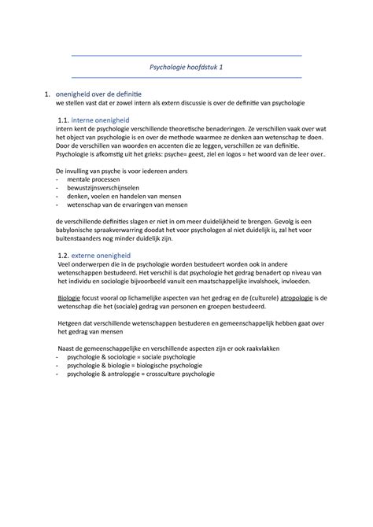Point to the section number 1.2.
[68, 256]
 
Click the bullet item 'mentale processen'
[98, 179]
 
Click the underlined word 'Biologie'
[74, 300]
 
